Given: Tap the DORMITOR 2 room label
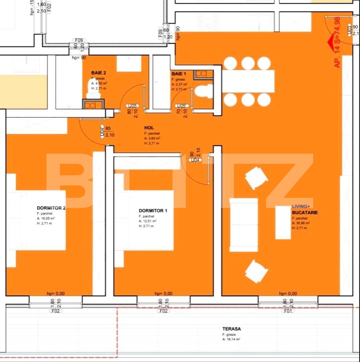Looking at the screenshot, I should (51, 208).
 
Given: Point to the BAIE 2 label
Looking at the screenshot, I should (99, 72).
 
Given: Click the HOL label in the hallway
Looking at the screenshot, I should (149, 128).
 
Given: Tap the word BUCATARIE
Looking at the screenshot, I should (305, 213).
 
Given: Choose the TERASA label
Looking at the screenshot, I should (232, 329).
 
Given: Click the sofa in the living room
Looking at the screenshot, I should (244, 225).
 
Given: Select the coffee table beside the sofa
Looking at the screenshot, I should (283, 222).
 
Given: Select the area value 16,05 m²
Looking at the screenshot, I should (46, 218).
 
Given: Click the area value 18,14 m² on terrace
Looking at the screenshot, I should (232, 339).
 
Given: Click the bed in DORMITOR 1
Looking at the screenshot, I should (144, 220).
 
